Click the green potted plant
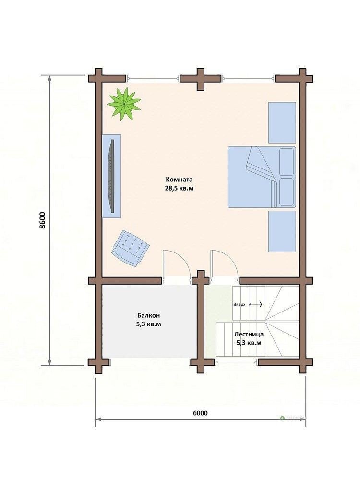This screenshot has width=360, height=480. coord(124,104)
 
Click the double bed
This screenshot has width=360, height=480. coord(262,177)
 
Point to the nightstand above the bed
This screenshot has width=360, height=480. coord(282,122)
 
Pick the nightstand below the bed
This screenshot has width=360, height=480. coord(282,231)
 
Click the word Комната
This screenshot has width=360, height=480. coord(179,180)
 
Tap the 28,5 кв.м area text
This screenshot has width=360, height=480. coord(180,188)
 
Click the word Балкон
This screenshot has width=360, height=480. coord(148,315)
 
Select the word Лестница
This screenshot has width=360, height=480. coord(249,334)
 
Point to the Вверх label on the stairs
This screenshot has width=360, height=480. coord(240,305)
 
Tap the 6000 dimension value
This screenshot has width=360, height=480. coord(200,413)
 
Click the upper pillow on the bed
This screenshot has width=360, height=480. coord(287,162)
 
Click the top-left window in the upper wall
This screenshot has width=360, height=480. coord(153,79)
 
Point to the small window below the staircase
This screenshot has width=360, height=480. coord(236,362)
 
